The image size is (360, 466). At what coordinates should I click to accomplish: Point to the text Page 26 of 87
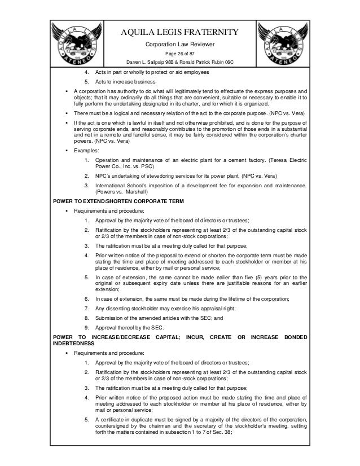179,54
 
